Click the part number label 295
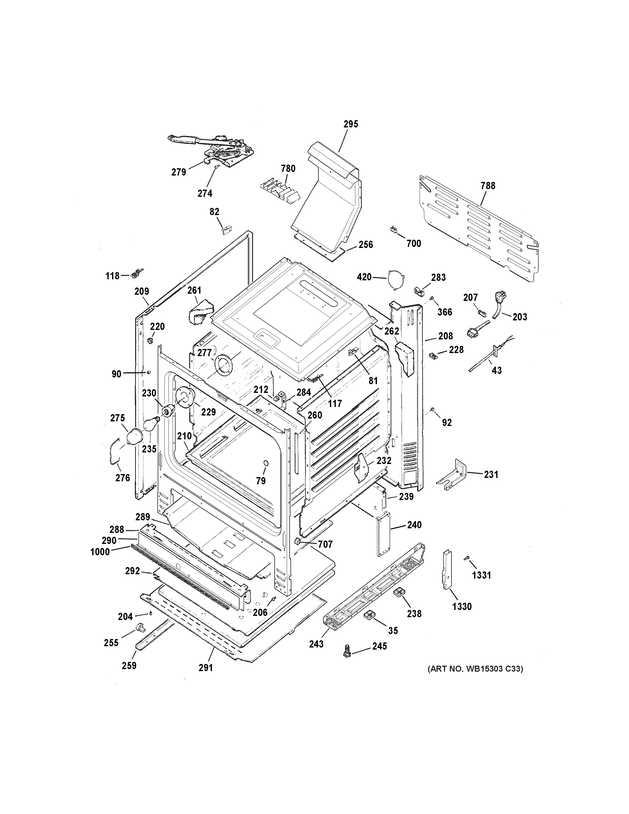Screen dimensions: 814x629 (351, 124)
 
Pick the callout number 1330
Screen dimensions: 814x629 (462, 607)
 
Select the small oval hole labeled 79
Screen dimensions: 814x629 (265, 463)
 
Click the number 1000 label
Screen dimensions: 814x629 (100, 552)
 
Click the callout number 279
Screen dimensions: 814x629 (179, 172)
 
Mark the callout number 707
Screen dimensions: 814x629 (325, 544)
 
